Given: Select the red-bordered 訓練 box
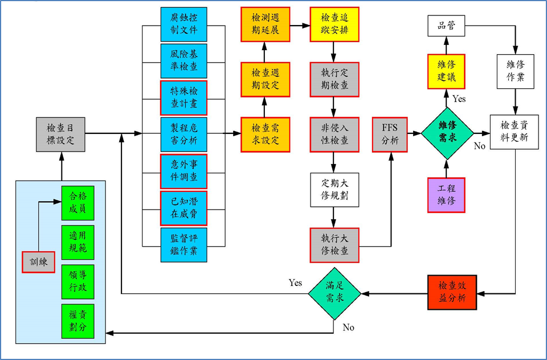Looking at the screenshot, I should tap(38, 261).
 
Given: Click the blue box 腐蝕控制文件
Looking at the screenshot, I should tap(184, 24).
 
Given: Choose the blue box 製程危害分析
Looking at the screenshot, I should tap(184, 134).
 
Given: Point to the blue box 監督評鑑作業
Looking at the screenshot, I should tap(184, 244).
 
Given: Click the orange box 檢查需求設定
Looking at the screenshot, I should tap(265, 134).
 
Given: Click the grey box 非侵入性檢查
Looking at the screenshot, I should tap(334, 134).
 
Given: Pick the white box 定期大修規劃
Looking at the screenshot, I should tap(334, 190).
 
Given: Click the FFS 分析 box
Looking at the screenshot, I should tap(390, 134).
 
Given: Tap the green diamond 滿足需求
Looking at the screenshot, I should tap(334, 294).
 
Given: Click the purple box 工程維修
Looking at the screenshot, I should tap(446, 195).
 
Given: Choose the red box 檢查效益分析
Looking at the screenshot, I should tap(452, 292).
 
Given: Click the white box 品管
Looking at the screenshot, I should tap(446, 26).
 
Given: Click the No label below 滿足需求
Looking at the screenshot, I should tap(348, 328).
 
